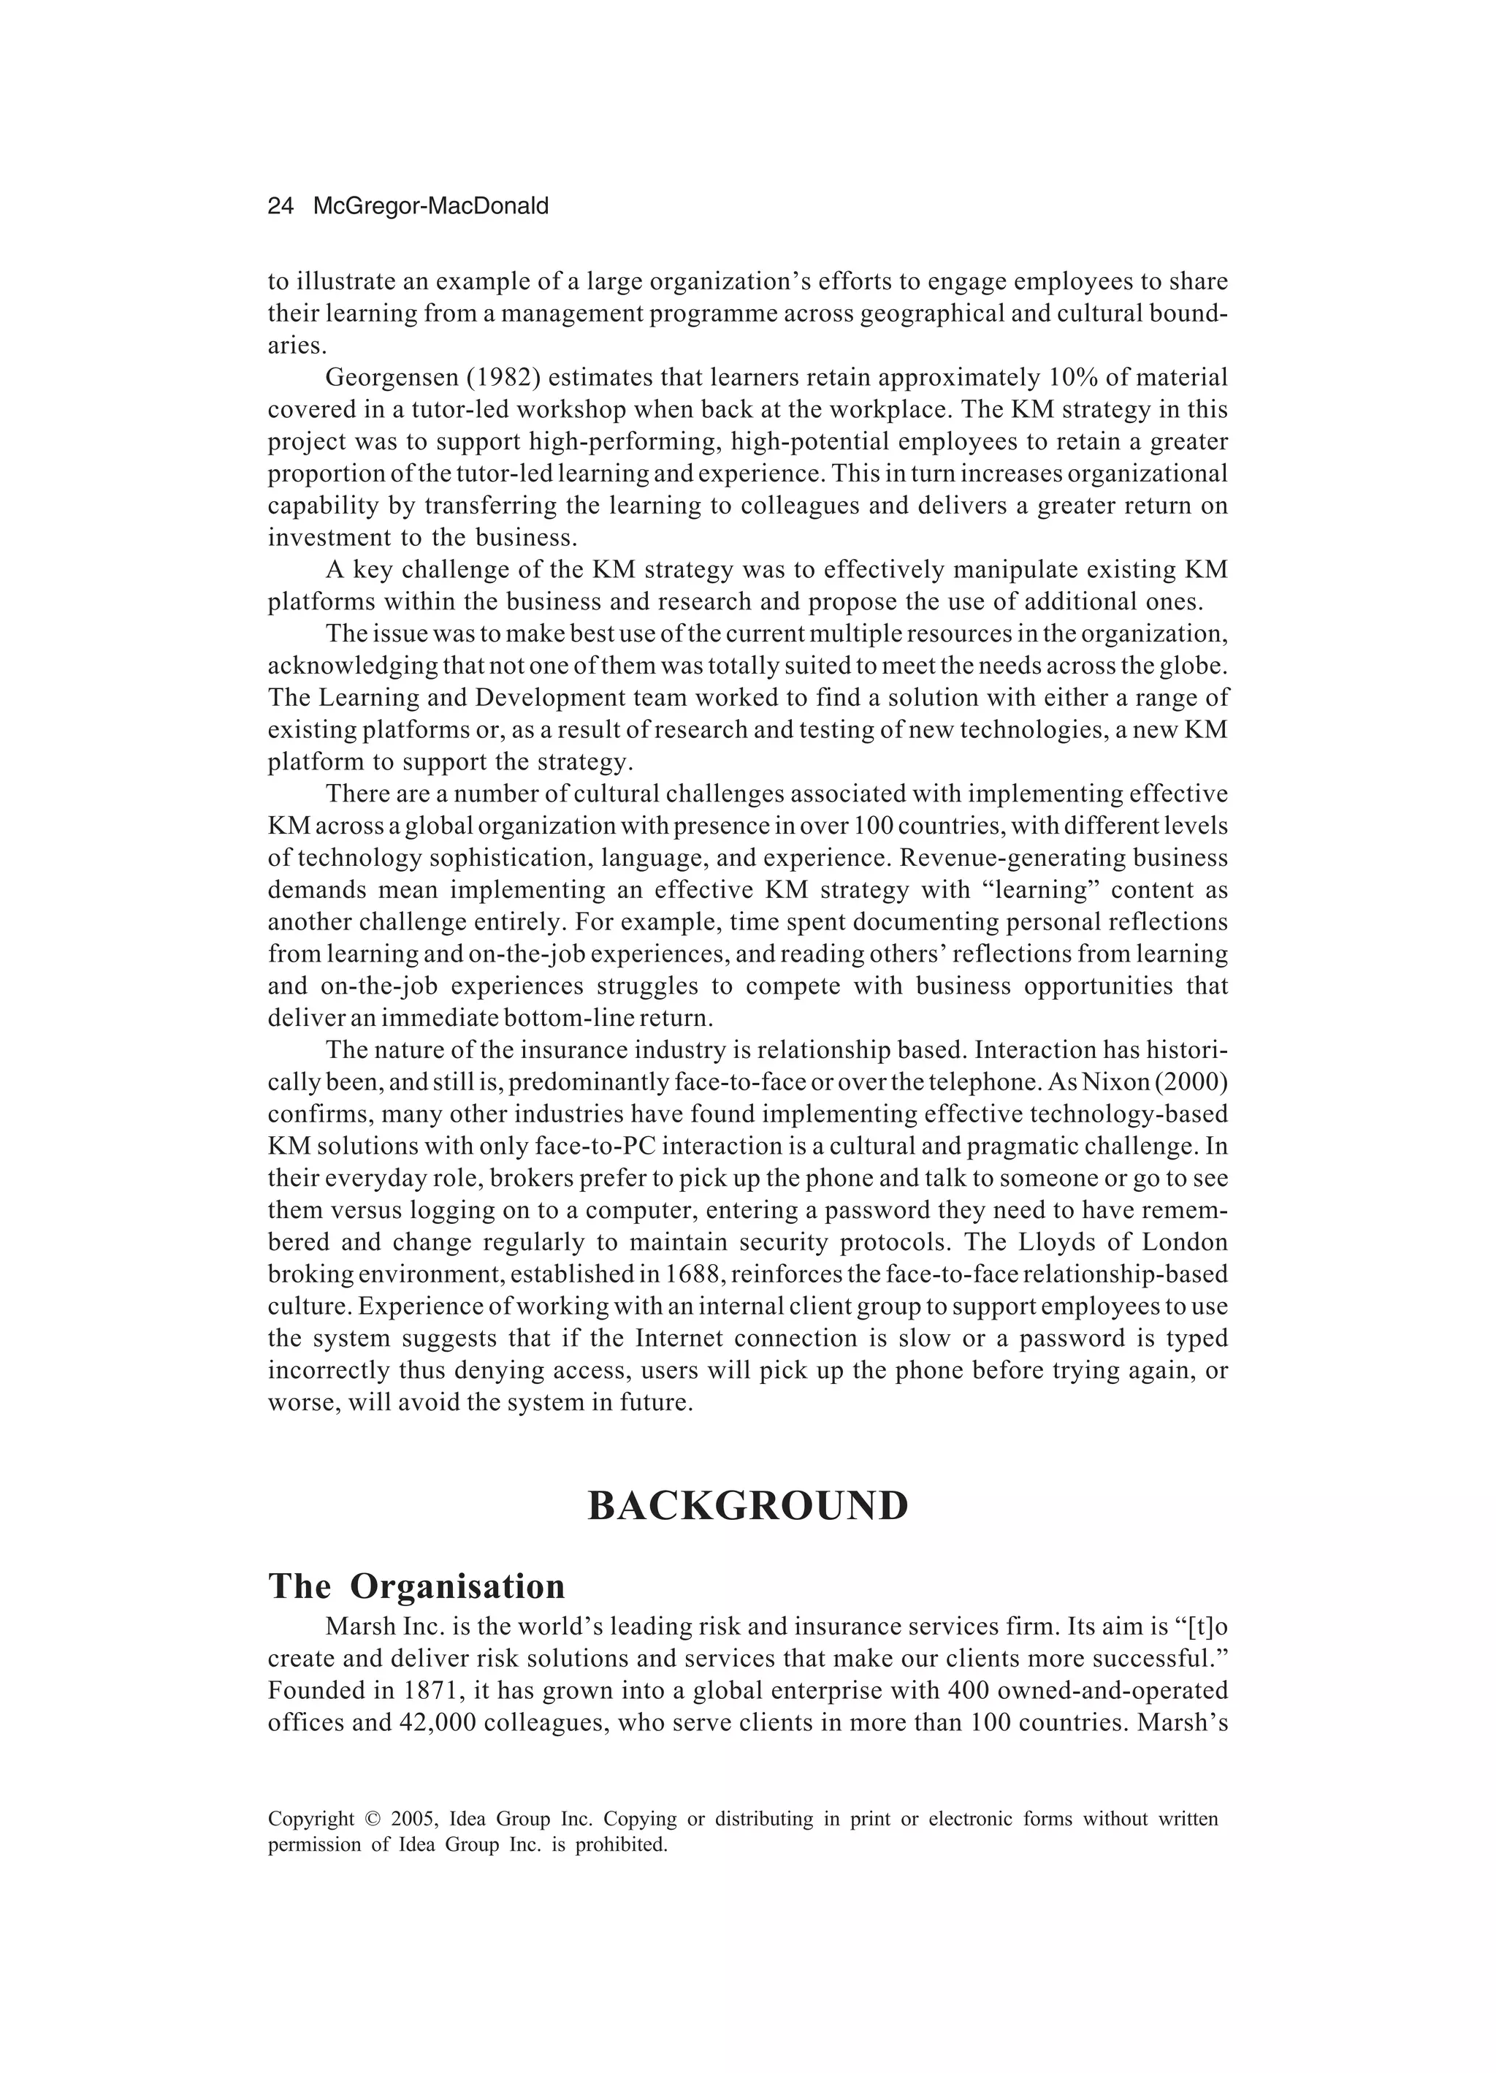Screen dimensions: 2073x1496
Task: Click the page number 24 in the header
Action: coord(280,207)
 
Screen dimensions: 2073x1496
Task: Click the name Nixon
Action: coord(1111,1082)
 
